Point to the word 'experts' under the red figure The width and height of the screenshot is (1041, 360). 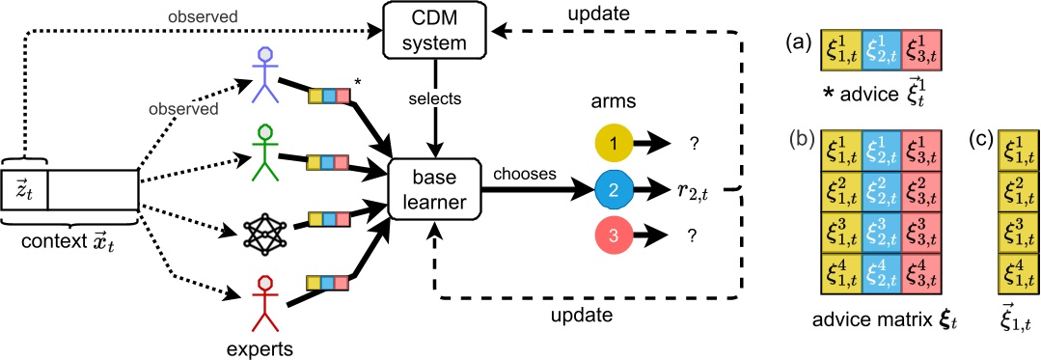[x=266, y=344]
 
